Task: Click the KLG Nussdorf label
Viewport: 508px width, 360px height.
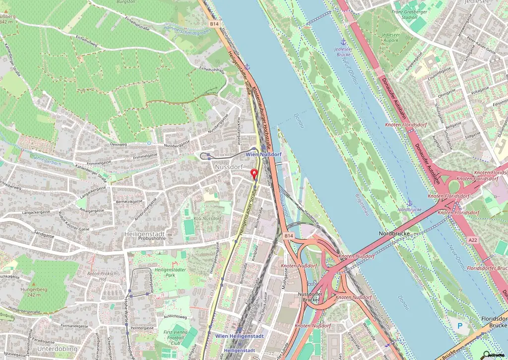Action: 207,218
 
